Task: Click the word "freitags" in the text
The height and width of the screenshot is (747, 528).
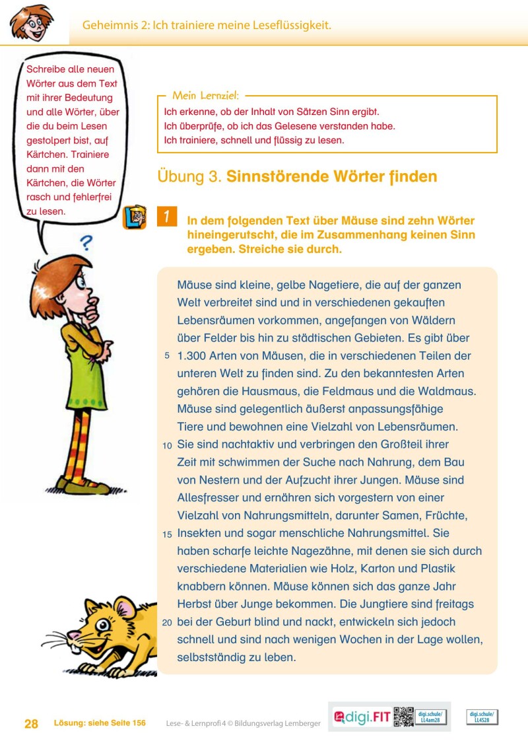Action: pyautogui.click(x=453, y=604)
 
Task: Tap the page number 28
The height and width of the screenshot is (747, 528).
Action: pyautogui.click(x=31, y=724)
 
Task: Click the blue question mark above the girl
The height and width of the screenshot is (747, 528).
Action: pyautogui.click(x=85, y=242)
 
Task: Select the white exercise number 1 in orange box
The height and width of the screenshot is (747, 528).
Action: pyautogui.click(x=167, y=217)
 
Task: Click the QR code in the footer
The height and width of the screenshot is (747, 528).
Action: pyautogui.click(x=403, y=717)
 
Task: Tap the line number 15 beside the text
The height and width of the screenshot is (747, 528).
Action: pyautogui.click(x=167, y=534)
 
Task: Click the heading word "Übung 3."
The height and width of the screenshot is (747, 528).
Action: pyautogui.click(x=189, y=177)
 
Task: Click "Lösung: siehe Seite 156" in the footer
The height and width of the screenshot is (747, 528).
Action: pyautogui.click(x=100, y=724)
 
